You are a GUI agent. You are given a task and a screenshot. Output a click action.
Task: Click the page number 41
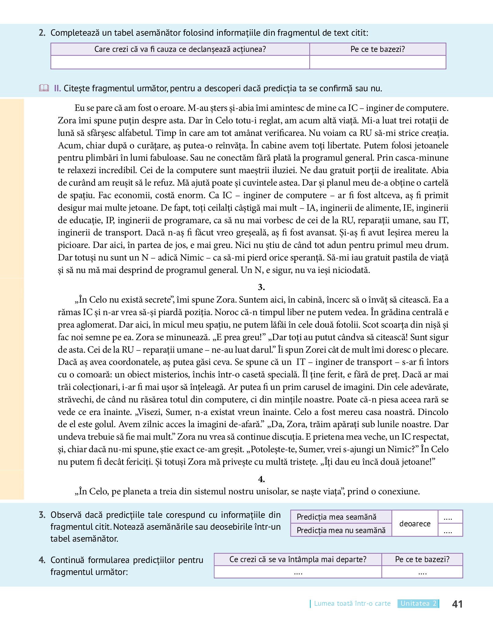click(457, 604)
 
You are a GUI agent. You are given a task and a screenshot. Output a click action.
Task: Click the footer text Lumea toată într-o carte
click(352, 604)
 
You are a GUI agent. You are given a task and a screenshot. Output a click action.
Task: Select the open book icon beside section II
click(44, 88)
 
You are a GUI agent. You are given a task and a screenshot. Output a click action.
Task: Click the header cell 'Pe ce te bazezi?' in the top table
click(378, 49)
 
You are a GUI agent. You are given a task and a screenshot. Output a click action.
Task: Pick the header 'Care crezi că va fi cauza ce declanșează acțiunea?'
click(180, 49)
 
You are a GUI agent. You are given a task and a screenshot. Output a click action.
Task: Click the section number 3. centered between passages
click(261, 287)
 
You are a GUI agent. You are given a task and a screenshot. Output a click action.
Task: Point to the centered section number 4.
click(261, 479)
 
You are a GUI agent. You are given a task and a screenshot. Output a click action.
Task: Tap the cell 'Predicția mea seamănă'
click(341, 517)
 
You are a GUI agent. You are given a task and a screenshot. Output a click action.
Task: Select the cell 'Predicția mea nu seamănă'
click(341, 530)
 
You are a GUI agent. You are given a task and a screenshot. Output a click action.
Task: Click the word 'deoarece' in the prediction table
click(415, 524)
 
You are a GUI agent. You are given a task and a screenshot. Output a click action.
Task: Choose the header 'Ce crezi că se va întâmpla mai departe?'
click(298, 559)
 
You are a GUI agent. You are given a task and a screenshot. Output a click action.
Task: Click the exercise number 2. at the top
click(42, 33)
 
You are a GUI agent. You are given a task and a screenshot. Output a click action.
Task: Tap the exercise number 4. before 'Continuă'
click(42, 560)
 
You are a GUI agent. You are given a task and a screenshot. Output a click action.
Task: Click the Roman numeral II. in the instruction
click(57, 89)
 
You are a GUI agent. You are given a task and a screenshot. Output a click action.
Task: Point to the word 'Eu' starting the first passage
click(79, 108)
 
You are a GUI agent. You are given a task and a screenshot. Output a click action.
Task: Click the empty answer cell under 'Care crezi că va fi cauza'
click(180, 62)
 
